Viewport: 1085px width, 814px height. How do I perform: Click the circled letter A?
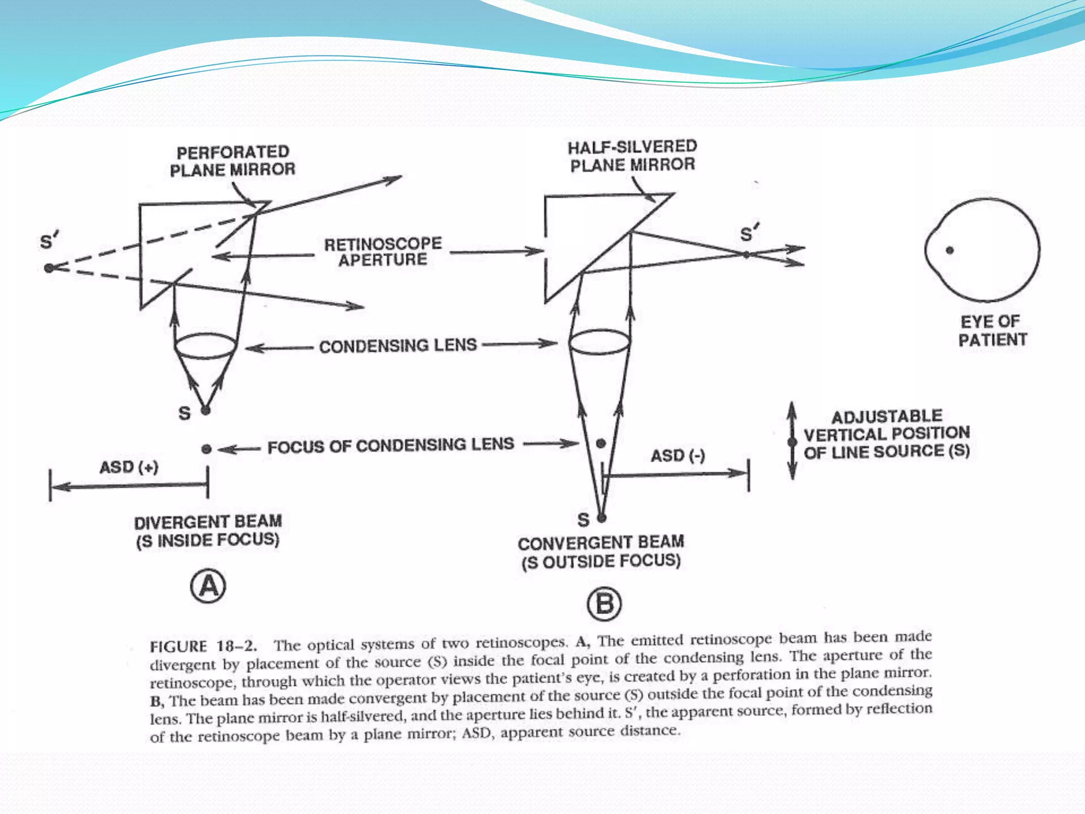[208, 587]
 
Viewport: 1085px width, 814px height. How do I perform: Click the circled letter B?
[604, 604]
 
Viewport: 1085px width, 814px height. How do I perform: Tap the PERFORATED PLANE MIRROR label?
[232, 161]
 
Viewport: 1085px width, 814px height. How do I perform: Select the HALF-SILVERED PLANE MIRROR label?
[632, 156]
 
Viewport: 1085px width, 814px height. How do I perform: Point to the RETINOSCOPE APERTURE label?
[383, 252]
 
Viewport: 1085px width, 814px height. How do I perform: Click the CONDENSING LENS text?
[398, 346]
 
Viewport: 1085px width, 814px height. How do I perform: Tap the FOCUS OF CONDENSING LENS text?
[390, 446]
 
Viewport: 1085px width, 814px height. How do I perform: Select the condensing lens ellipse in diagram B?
[600, 342]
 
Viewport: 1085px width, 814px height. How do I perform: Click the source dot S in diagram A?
[206, 410]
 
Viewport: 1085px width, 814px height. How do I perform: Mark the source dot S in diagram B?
[601, 518]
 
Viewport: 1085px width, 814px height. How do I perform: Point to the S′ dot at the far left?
[49, 268]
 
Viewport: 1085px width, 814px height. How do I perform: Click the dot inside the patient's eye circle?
[950, 250]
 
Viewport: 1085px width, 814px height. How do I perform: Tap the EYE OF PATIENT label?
[992, 331]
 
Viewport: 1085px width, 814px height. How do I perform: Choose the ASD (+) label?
[129, 467]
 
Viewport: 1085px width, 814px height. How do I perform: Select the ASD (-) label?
[678, 456]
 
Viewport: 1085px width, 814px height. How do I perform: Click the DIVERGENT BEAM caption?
[208, 531]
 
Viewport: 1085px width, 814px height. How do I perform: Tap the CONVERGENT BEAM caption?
[601, 552]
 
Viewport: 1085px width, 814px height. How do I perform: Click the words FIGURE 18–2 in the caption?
[203, 647]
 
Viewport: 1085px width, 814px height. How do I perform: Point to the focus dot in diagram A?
[206, 449]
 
